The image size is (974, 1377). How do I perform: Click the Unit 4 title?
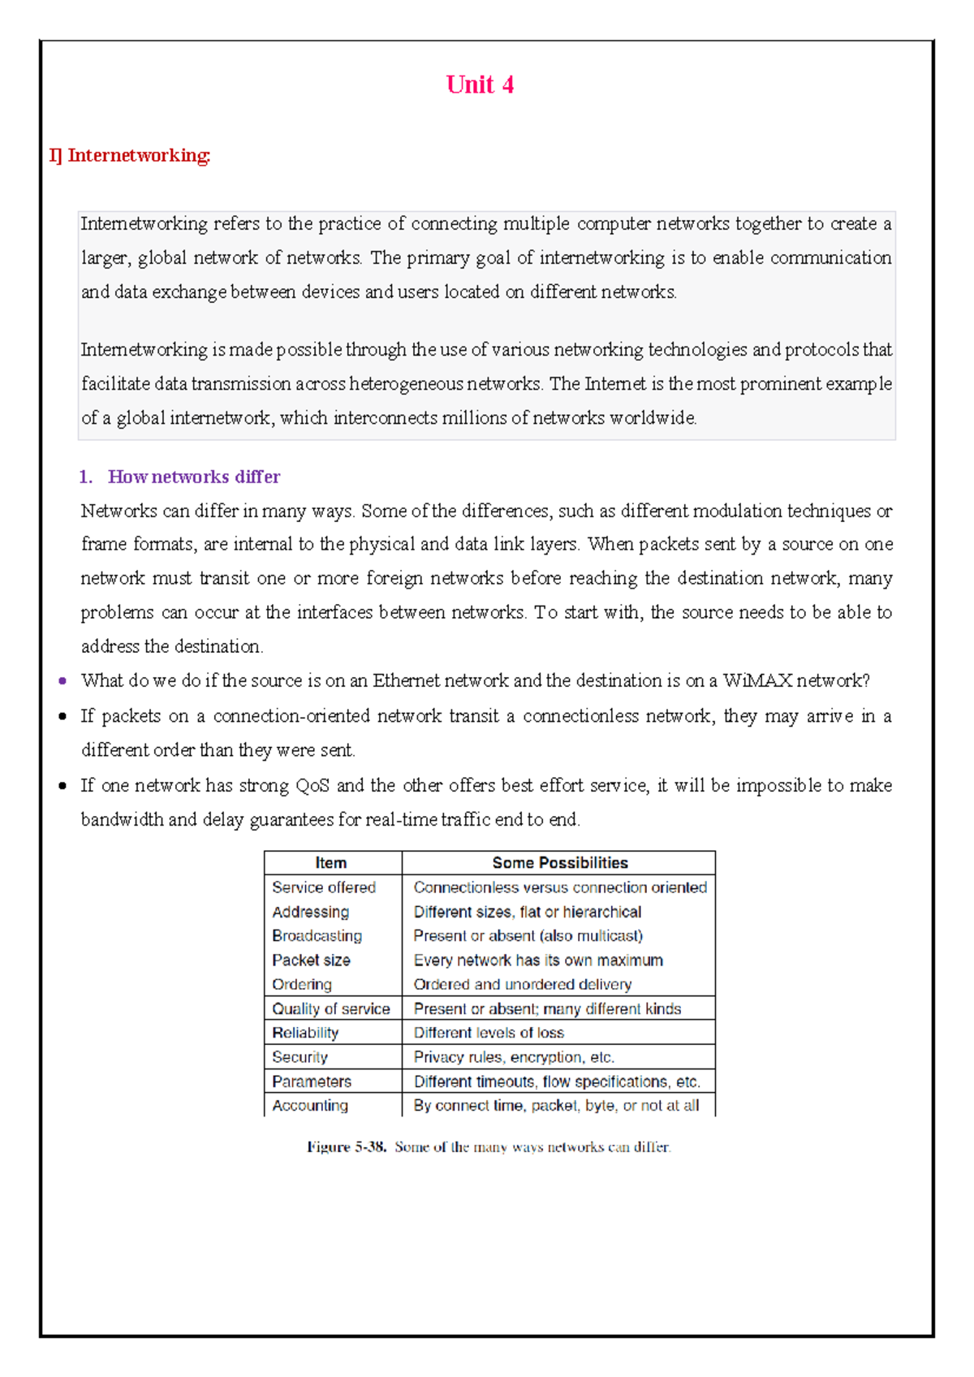(x=480, y=84)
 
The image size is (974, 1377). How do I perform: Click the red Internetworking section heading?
(x=130, y=155)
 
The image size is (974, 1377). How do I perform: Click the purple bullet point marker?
(x=62, y=681)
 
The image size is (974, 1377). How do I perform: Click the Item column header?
(x=331, y=862)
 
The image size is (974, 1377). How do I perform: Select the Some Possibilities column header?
(x=559, y=862)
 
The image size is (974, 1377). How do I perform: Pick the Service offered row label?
(x=324, y=887)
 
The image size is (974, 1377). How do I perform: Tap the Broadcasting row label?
(x=317, y=935)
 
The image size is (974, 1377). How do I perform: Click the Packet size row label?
(x=311, y=960)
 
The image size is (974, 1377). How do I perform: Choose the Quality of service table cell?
(x=330, y=1008)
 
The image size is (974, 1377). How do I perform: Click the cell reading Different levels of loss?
(x=489, y=1033)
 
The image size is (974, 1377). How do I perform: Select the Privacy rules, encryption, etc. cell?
(x=514, y=1057)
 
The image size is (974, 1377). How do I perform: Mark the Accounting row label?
(x=310, y=1105)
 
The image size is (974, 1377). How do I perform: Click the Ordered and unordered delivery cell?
(x=522, y=984)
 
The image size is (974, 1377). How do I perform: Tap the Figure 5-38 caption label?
(x=347, y=1147)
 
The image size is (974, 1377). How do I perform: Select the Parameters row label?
(x=312, y=1081)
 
